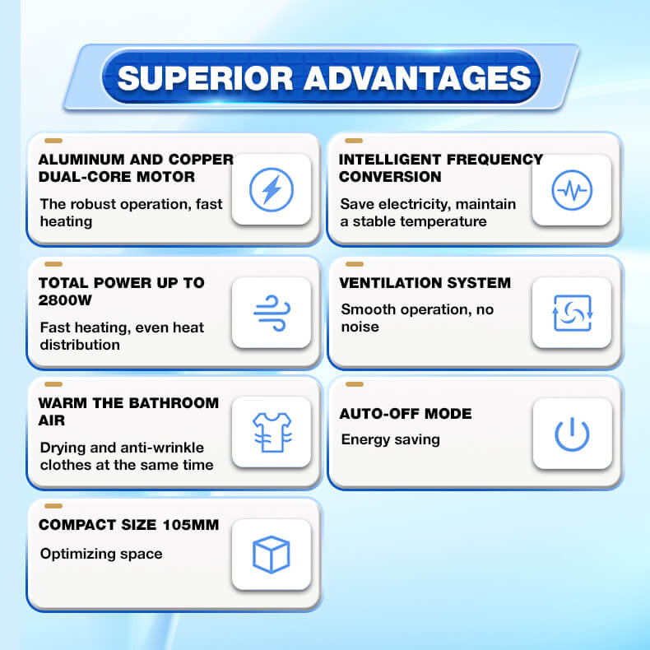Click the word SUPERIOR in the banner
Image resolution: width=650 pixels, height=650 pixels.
[206, 78]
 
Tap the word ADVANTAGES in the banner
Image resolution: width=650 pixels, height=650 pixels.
[417, 78]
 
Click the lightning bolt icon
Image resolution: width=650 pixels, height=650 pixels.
[272, 189]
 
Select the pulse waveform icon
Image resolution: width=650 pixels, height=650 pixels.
[572, 190]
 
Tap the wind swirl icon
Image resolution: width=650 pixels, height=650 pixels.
[272, 313]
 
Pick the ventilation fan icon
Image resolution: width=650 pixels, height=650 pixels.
[573, 313]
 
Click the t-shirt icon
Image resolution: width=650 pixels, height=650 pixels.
[272, 432]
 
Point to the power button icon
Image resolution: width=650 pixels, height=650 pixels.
[572, 434]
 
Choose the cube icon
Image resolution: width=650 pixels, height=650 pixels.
[272, 555]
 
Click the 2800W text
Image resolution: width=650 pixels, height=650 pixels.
[65, 300]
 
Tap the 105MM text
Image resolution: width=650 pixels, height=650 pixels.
[191, 525]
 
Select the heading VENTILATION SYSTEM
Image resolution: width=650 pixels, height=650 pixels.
[425, 283]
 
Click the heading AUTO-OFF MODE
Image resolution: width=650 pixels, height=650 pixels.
[406, 414]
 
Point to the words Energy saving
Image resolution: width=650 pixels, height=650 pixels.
[391, 440]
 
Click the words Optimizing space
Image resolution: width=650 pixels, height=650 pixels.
[101, 555]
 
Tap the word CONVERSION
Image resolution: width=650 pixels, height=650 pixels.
[390, 177]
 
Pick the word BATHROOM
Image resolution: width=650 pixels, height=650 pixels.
[176, 403]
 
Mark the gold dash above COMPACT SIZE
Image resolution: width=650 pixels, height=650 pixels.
[53, 506]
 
